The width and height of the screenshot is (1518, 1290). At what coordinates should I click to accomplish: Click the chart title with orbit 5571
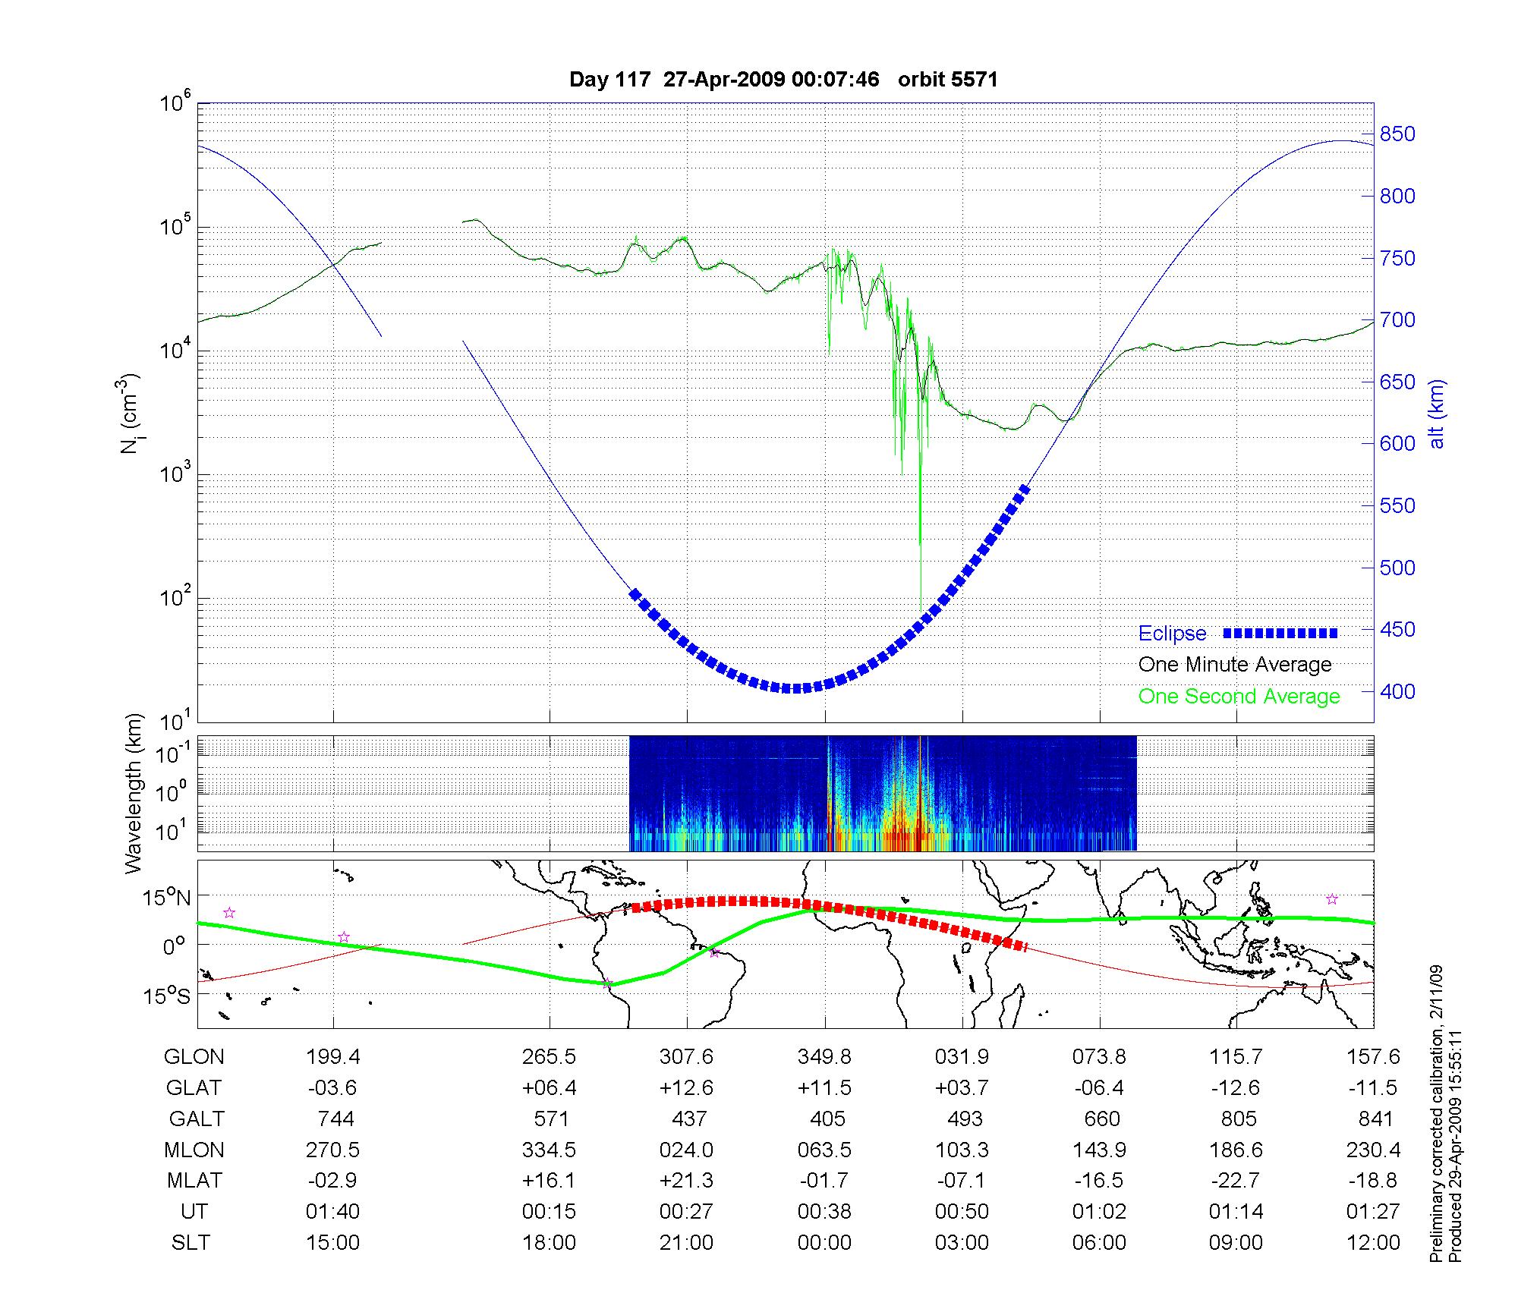pyautogui.click(x=783, y=79)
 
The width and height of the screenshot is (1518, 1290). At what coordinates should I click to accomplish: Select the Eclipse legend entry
pyautogui.click(x=1172, y=633)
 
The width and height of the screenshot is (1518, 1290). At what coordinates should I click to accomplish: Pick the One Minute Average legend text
pyautogui.click(x=1235, y=665)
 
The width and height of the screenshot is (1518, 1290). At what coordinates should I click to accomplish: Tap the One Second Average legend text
pyautogui.click(x=1239, y=697)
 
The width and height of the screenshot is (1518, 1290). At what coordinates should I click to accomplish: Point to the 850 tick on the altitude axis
pyautogui.click(x=1397, y=134)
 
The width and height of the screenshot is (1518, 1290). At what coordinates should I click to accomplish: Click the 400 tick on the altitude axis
pyautogui.click(x=1397, y=691)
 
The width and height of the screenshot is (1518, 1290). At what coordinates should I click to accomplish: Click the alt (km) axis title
pyautogui.click(x=1437, y=414)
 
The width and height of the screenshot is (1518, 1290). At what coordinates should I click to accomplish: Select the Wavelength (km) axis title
pyautogui.click(x=134, y=793)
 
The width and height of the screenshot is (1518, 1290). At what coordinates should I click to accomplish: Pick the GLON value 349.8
pyautogui.click(x=824, y=1056)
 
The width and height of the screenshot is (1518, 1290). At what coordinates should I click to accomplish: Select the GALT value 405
pyautogui.click(x=827, y=1119)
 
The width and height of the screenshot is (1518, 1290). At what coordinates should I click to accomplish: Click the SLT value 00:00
pyautogui.click(x=824, y=1243)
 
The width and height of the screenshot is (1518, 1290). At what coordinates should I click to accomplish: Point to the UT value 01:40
pyautogui.click(x=332, y=1212)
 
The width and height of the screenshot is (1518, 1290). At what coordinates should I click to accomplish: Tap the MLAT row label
pyautogui.click(x=194, y=1181)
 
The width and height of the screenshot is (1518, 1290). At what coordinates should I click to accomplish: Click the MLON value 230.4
pyautogui.click(x=1373, y=1150)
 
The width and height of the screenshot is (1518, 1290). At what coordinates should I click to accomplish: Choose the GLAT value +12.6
pyautogui.click(x=686, y=1087)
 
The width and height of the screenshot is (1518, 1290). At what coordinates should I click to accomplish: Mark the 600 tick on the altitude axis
pyautogui.click(x=1397, y=444)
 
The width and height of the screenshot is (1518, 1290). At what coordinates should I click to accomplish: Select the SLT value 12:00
pyautogui.click(x=1373, y=1243)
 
